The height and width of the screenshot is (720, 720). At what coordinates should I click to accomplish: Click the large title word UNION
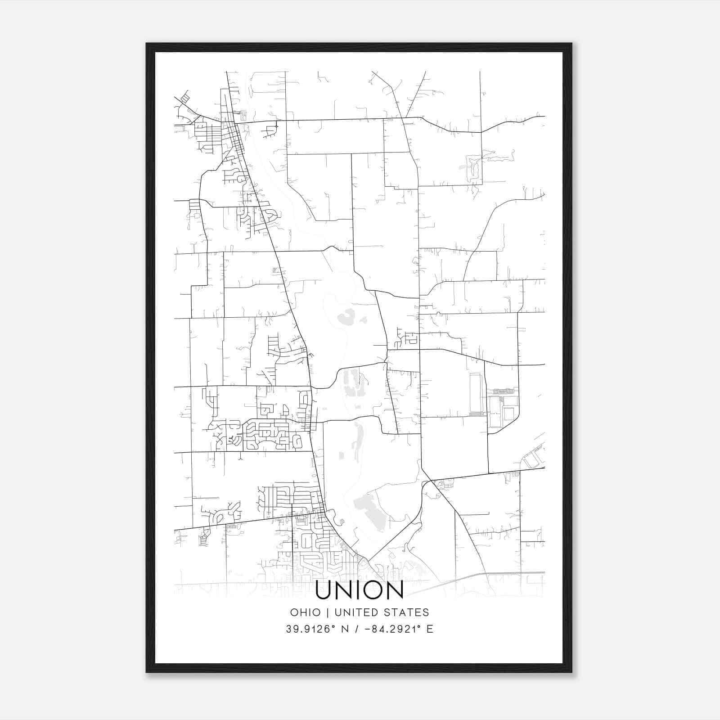360,591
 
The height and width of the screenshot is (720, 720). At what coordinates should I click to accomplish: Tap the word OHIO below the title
305,612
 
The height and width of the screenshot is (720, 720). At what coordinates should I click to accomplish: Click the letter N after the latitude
346,629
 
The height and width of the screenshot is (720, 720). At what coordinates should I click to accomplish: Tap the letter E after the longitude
430,629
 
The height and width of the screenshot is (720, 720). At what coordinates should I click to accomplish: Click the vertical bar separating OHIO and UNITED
327,612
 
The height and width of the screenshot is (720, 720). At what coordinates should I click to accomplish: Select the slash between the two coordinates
356,629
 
